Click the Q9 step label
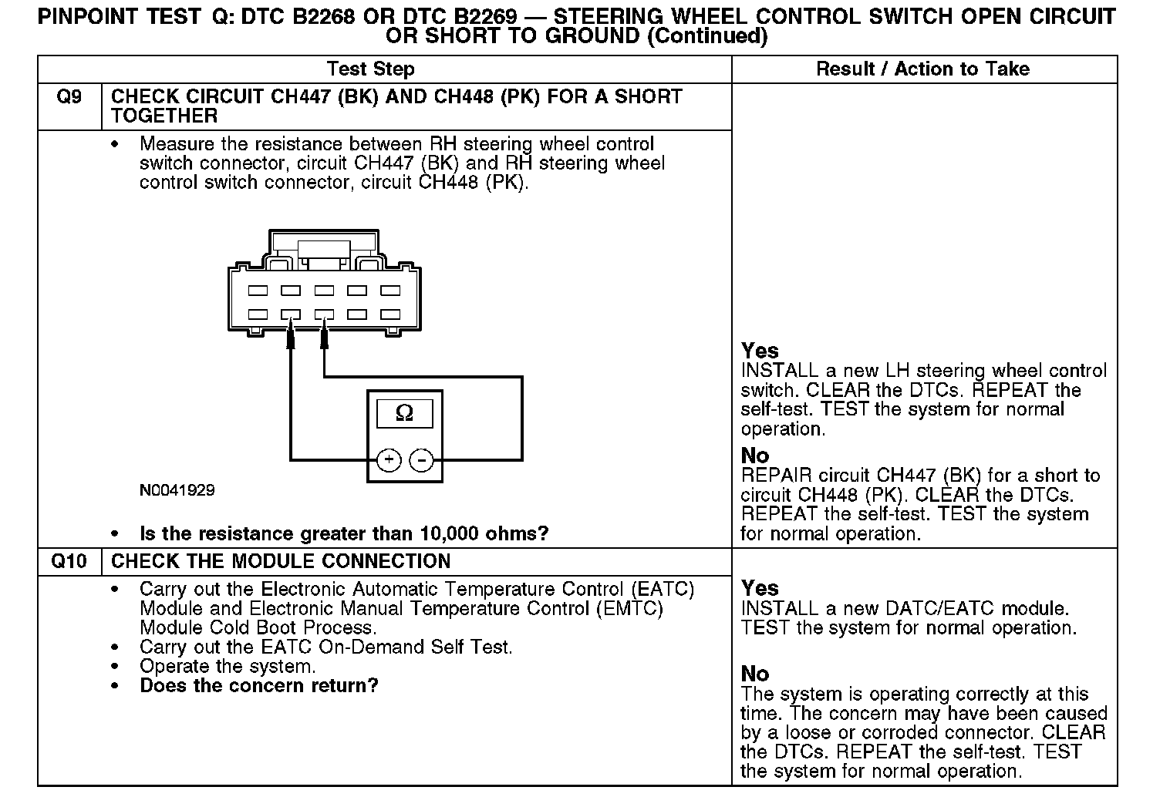click(69, 97)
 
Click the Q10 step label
click(69, 561)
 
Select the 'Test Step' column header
click(370, 69)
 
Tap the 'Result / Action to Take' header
click(923, 69)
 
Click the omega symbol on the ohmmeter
click(404, 414)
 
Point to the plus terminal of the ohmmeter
click(389, 460)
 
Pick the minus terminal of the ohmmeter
click(421, 460)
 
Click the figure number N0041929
click(177, 490)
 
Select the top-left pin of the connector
click(258, 291)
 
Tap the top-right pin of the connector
click(390, 291)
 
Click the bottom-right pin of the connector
click(390, 314)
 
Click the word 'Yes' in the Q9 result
click(760, 351)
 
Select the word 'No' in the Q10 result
click(755, 674)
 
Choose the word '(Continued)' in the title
click(707, 36)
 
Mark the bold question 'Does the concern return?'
click(259, 685)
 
